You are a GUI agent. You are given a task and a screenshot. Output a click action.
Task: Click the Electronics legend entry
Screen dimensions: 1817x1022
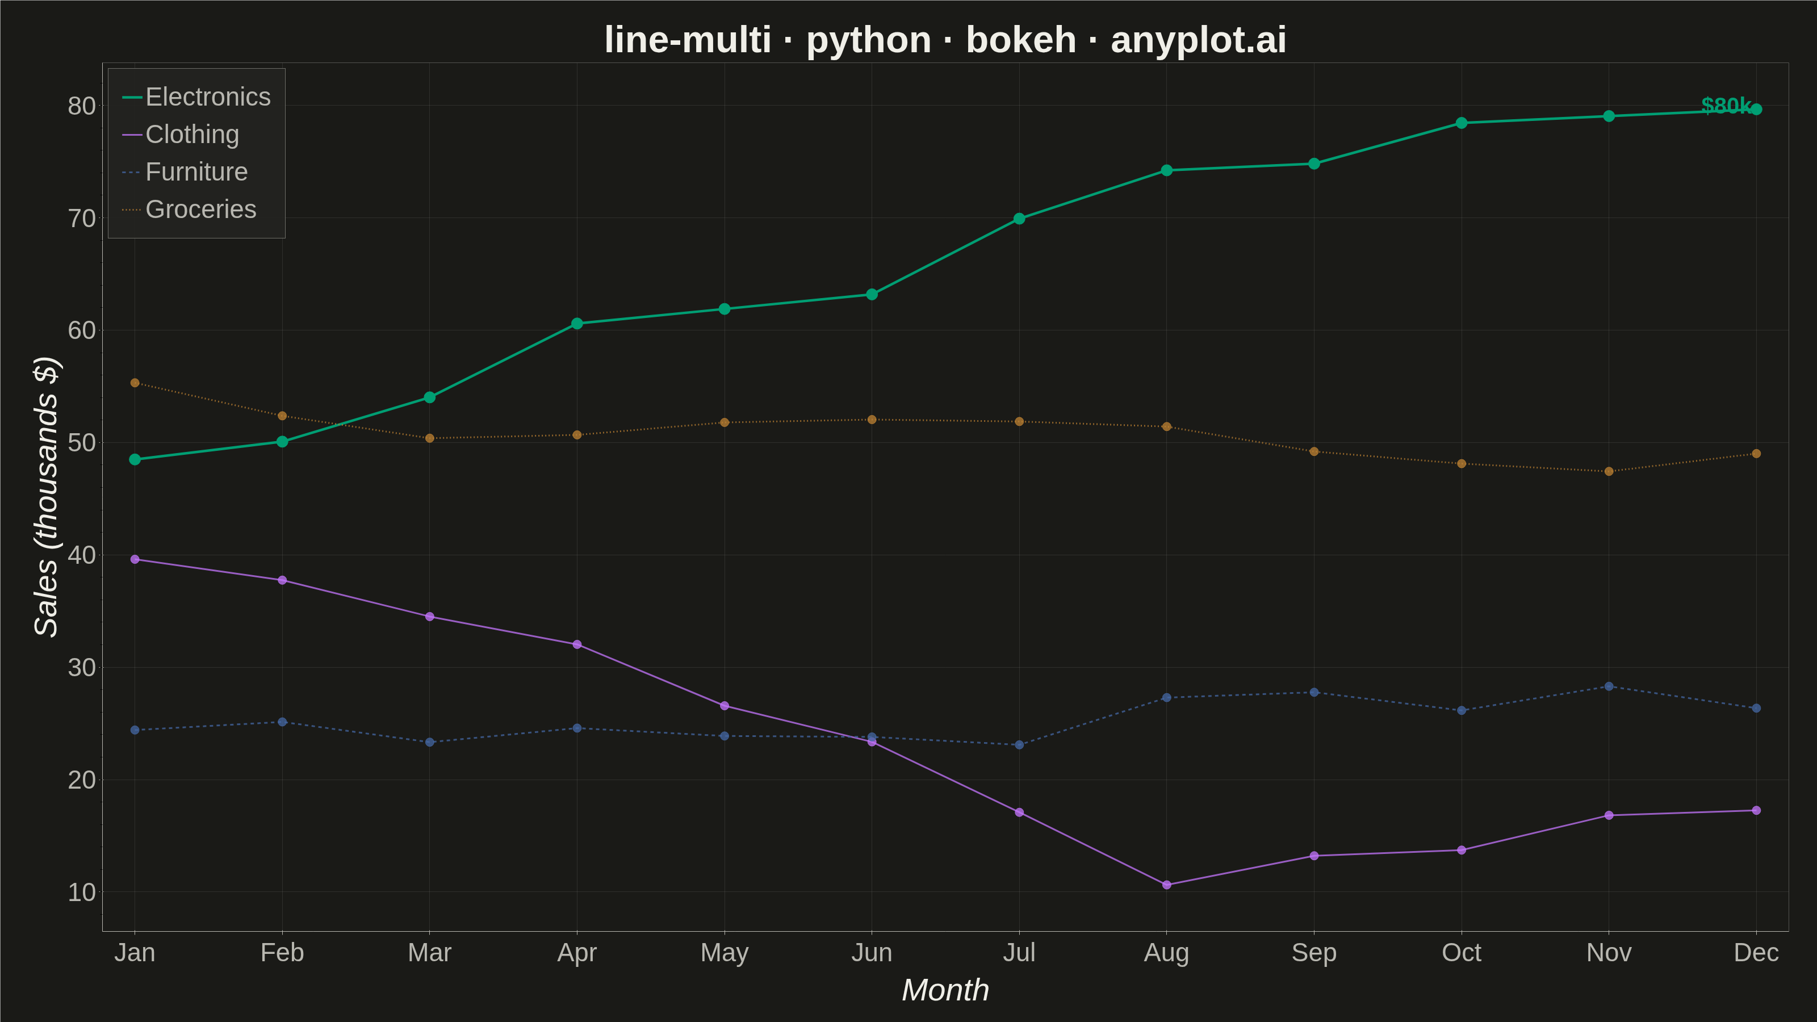(x=196, y=97)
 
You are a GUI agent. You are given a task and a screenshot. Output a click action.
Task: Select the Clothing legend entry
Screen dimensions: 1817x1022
(x=181, y=134)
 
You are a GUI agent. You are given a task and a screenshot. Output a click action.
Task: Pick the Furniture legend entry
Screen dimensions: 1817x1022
(x=185, y=171)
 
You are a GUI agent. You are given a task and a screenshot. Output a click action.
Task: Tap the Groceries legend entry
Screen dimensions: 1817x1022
(x=189, y=210)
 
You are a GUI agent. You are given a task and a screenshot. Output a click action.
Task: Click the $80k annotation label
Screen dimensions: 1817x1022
(x=1726, y=105)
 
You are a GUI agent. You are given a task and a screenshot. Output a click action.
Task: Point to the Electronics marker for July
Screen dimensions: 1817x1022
(x=1019, y=219)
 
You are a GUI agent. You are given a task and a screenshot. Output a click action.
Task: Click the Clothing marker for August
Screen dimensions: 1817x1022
(x=1167, y=885)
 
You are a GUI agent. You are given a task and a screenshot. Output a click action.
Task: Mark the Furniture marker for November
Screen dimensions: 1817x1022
(x=1609, y=686)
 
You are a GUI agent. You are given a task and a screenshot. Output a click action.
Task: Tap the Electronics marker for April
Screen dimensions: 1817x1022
(x=577, y=324)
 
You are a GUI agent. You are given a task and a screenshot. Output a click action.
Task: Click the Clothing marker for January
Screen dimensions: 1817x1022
(x=135, y=559)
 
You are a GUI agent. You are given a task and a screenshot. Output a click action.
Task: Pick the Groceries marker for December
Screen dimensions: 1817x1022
(x=1756, y=454)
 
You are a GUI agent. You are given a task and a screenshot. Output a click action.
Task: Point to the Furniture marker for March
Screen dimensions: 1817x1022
(x=430, y=742)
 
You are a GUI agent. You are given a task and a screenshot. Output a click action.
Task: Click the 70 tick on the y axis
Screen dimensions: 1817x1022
(x=82, y=219)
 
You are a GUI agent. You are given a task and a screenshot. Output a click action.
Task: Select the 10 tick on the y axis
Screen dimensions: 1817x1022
(x=82, y=892)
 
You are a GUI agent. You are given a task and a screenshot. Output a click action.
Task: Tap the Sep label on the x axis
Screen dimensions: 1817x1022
(x=1314, y=953)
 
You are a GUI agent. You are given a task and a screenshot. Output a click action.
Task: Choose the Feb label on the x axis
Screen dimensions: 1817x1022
(x=282, y=953)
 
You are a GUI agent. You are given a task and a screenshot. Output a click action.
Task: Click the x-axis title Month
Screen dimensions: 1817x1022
(x=946, y=990)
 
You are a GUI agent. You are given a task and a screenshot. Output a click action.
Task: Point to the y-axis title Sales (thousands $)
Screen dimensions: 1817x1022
(x=47, y=497)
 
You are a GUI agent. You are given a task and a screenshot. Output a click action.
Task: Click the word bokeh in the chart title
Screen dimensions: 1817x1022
(x=1021, y=40)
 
